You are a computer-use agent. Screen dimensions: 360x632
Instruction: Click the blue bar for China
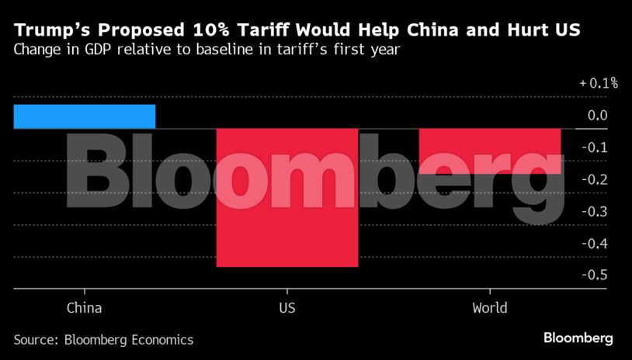click(x=84, y=116)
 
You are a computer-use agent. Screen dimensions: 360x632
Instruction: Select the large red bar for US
click(x=286, y=198)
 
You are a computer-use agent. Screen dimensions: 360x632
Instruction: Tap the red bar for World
click(x=490, y=151)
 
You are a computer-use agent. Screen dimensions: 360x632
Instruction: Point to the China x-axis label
click(x=84, y=308)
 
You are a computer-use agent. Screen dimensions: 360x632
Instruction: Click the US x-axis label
click(x=286, y=308)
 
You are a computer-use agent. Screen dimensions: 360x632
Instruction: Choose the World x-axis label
click(x=490, y=308)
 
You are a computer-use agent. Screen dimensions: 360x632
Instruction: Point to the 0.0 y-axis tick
click(x=598, y=116)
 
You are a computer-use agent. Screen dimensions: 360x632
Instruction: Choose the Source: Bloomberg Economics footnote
click(x=103, y=340)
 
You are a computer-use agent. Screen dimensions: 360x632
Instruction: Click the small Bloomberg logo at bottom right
click(x=578, y=338)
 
